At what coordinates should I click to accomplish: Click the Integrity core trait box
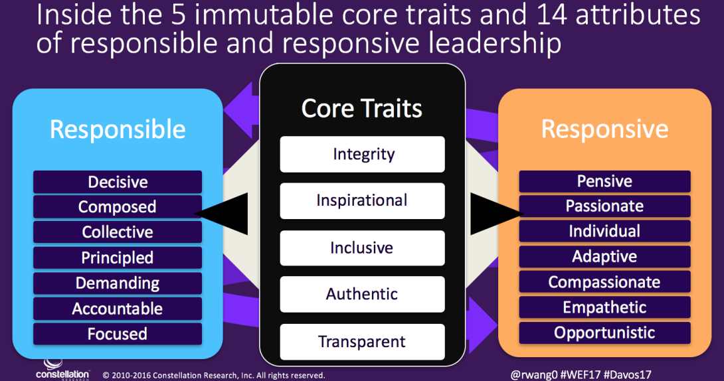tap(362, 154)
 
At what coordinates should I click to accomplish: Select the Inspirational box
tap(362, 200)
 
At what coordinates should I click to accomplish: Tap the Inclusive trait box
tap(362, 248)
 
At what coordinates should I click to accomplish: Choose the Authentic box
tap(362, 294)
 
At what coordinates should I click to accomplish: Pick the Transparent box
tap(362, 341)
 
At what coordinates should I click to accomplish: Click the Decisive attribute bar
tap(118, 182)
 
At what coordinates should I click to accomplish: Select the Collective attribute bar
tap(118, 232)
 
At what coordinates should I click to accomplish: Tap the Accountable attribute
tap(118, 309)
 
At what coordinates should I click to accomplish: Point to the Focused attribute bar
tap(118, 334)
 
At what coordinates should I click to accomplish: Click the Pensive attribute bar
tap(604, 181)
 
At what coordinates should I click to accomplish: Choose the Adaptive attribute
tap(604, 257)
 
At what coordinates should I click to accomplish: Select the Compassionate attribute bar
tap(604, 282)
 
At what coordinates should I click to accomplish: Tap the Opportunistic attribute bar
tap(604, 333)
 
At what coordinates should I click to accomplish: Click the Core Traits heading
tap(362, 108)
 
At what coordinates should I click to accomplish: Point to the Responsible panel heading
tap(118, 129)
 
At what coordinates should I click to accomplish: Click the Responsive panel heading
tap(604, 129)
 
